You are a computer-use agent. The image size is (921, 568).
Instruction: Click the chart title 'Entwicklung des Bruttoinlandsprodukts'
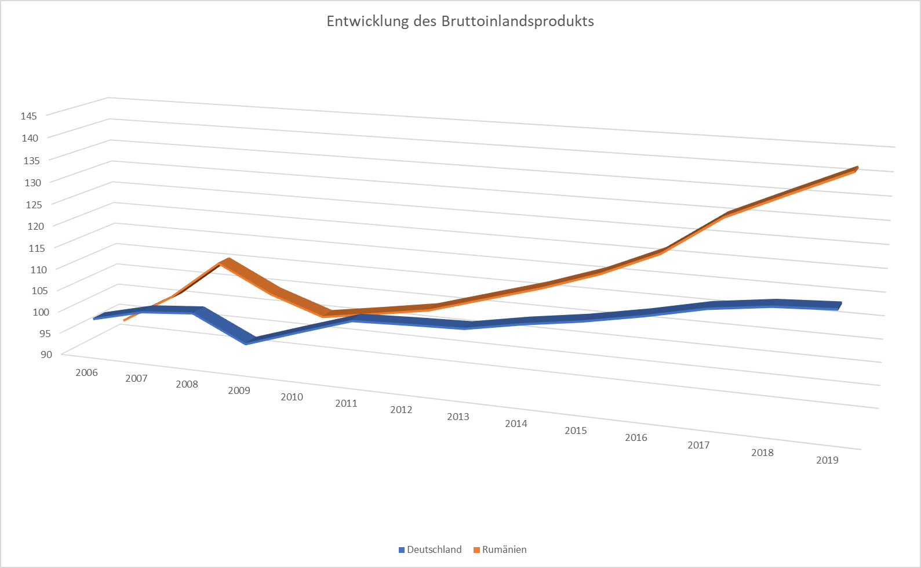460,21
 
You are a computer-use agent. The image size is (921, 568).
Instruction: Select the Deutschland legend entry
434,549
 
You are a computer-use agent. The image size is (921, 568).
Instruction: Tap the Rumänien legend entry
504,549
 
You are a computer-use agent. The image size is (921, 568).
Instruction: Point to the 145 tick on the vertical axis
29,116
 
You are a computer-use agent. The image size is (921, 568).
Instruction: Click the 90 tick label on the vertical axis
46,354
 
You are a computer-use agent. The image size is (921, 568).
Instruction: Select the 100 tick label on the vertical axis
42,312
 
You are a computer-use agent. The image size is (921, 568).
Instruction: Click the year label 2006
86,372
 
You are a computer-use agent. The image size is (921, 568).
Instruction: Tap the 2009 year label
239,390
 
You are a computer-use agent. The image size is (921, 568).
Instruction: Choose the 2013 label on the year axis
458,417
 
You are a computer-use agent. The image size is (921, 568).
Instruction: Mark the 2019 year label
827,460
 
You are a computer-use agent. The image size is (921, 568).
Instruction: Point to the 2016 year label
636,437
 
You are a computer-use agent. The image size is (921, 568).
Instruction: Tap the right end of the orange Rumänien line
854,169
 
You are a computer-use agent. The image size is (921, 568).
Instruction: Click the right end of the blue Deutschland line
838,306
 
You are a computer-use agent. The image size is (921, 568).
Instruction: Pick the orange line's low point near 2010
327,314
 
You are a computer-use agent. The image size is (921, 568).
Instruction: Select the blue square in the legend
402,550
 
